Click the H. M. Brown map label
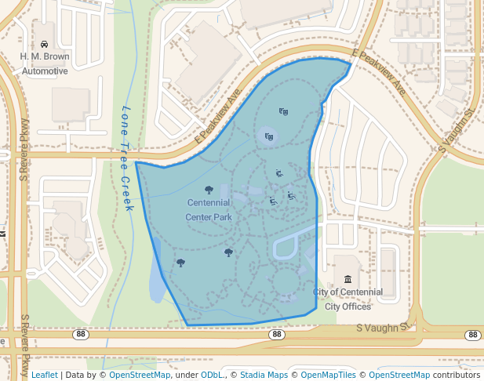point(45,56)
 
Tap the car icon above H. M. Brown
point(45,44)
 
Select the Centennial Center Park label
point(209,209)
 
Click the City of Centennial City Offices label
point(348,299)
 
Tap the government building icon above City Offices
point(348,280)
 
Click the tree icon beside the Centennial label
point(209,190)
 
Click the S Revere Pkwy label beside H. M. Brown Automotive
point(24,149)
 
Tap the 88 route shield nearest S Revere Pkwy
point(81,335)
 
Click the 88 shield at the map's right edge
point(472,335)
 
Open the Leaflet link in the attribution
point(44,375)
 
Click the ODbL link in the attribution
point(213,375)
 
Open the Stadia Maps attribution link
point(264,375)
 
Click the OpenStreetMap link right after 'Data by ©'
point(140,375)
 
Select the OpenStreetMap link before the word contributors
point(399,375)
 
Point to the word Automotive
point(45,71)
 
